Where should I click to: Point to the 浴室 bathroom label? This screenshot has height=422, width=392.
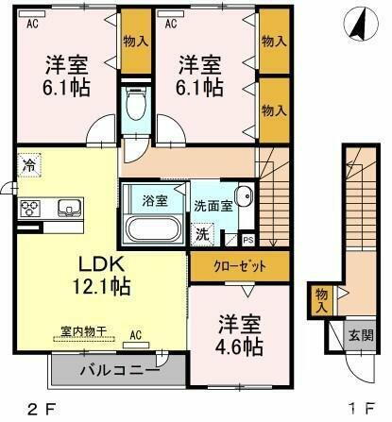click(153, 201)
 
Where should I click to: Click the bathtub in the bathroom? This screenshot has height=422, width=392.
click(154, 229)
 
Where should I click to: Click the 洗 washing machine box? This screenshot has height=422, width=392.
click(203, 233)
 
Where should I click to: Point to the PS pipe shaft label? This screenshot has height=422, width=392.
click(247, 241)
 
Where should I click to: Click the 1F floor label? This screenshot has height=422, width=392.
click(356, 410)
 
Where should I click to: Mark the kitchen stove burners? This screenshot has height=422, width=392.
click(28, 207)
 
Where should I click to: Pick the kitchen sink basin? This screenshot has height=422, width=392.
click(69, 207)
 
